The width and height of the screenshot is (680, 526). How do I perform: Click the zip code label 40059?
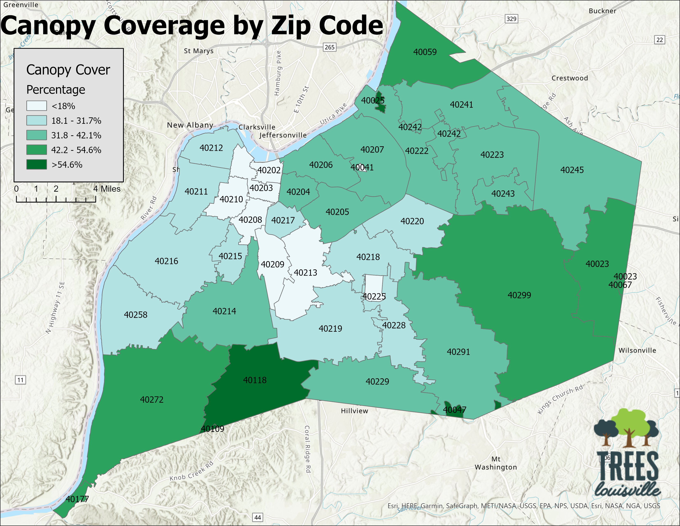pos(425,52)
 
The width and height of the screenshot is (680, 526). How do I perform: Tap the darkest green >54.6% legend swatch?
pos(36,165)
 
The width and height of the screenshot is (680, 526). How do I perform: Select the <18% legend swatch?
pos(36,106)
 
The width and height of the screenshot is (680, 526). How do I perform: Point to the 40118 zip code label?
pos(255,380)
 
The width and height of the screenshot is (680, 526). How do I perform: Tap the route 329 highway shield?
pos(511,19)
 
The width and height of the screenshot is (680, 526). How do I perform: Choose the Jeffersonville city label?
pos(283,135)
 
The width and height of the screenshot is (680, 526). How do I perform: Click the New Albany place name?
pos(190,125)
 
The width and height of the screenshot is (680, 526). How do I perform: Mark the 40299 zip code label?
pos(519,295)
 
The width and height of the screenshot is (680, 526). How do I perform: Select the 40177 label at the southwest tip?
pos(77,499)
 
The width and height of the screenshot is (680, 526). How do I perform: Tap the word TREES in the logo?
pos(628,467)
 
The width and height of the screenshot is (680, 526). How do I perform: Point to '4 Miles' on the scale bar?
pos(107,189)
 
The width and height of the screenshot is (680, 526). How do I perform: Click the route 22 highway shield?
pos(659,40)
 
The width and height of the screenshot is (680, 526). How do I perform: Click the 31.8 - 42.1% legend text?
pos(76,136)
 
